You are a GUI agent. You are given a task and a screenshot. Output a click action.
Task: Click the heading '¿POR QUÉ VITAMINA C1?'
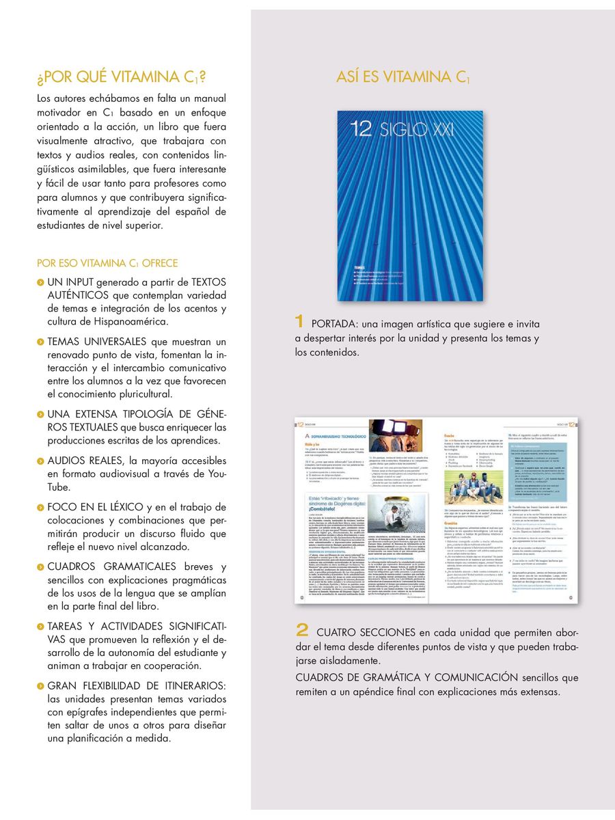122,76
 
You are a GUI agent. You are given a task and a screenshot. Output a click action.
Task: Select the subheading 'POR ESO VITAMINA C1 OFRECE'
107,263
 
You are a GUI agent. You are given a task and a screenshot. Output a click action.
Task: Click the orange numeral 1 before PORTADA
299,321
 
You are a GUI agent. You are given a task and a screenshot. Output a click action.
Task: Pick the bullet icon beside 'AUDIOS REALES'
40,459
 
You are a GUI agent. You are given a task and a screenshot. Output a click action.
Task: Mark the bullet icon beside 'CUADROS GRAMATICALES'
40,567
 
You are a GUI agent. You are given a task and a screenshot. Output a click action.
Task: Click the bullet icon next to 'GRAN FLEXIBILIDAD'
40,685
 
